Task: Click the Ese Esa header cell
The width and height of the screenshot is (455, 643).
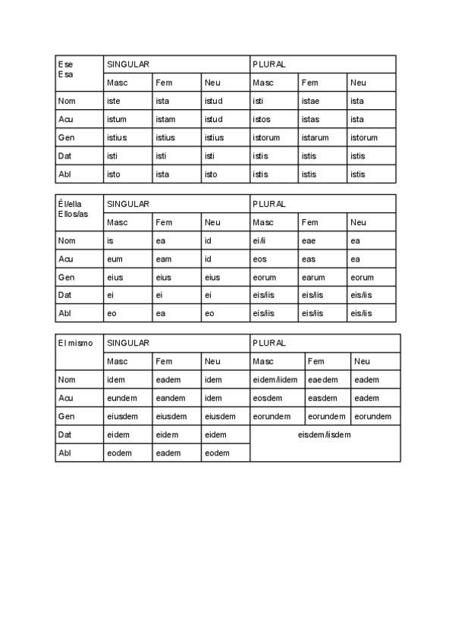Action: click(79, 73)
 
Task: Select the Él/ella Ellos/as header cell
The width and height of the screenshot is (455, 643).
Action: click(79, 213)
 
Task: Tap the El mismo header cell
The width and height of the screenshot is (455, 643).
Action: click(79, 352)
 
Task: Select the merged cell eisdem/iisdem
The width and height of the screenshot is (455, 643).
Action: click(325, 444)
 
